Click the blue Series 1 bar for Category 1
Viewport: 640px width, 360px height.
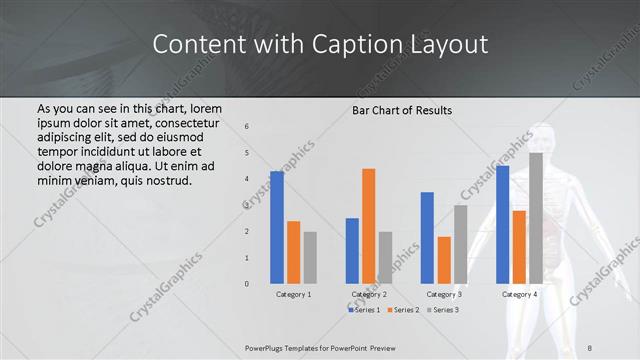277,227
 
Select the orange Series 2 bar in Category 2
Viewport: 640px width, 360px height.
368,226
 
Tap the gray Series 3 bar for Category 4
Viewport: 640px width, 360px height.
536,218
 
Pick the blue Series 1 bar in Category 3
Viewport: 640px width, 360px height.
427,238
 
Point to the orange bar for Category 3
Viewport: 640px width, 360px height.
443,260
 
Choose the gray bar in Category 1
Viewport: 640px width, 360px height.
310,258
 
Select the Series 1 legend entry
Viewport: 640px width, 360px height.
364,310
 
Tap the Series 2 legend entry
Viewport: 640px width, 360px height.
403,310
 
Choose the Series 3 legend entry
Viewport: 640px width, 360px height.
441,310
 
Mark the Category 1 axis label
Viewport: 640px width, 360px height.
293,295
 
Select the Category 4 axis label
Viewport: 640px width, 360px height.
519,295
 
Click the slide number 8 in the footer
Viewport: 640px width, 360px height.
590,346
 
